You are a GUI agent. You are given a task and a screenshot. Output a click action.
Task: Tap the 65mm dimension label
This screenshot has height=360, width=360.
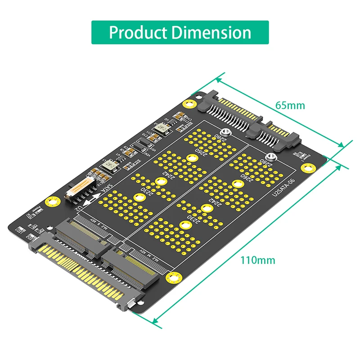290,105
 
